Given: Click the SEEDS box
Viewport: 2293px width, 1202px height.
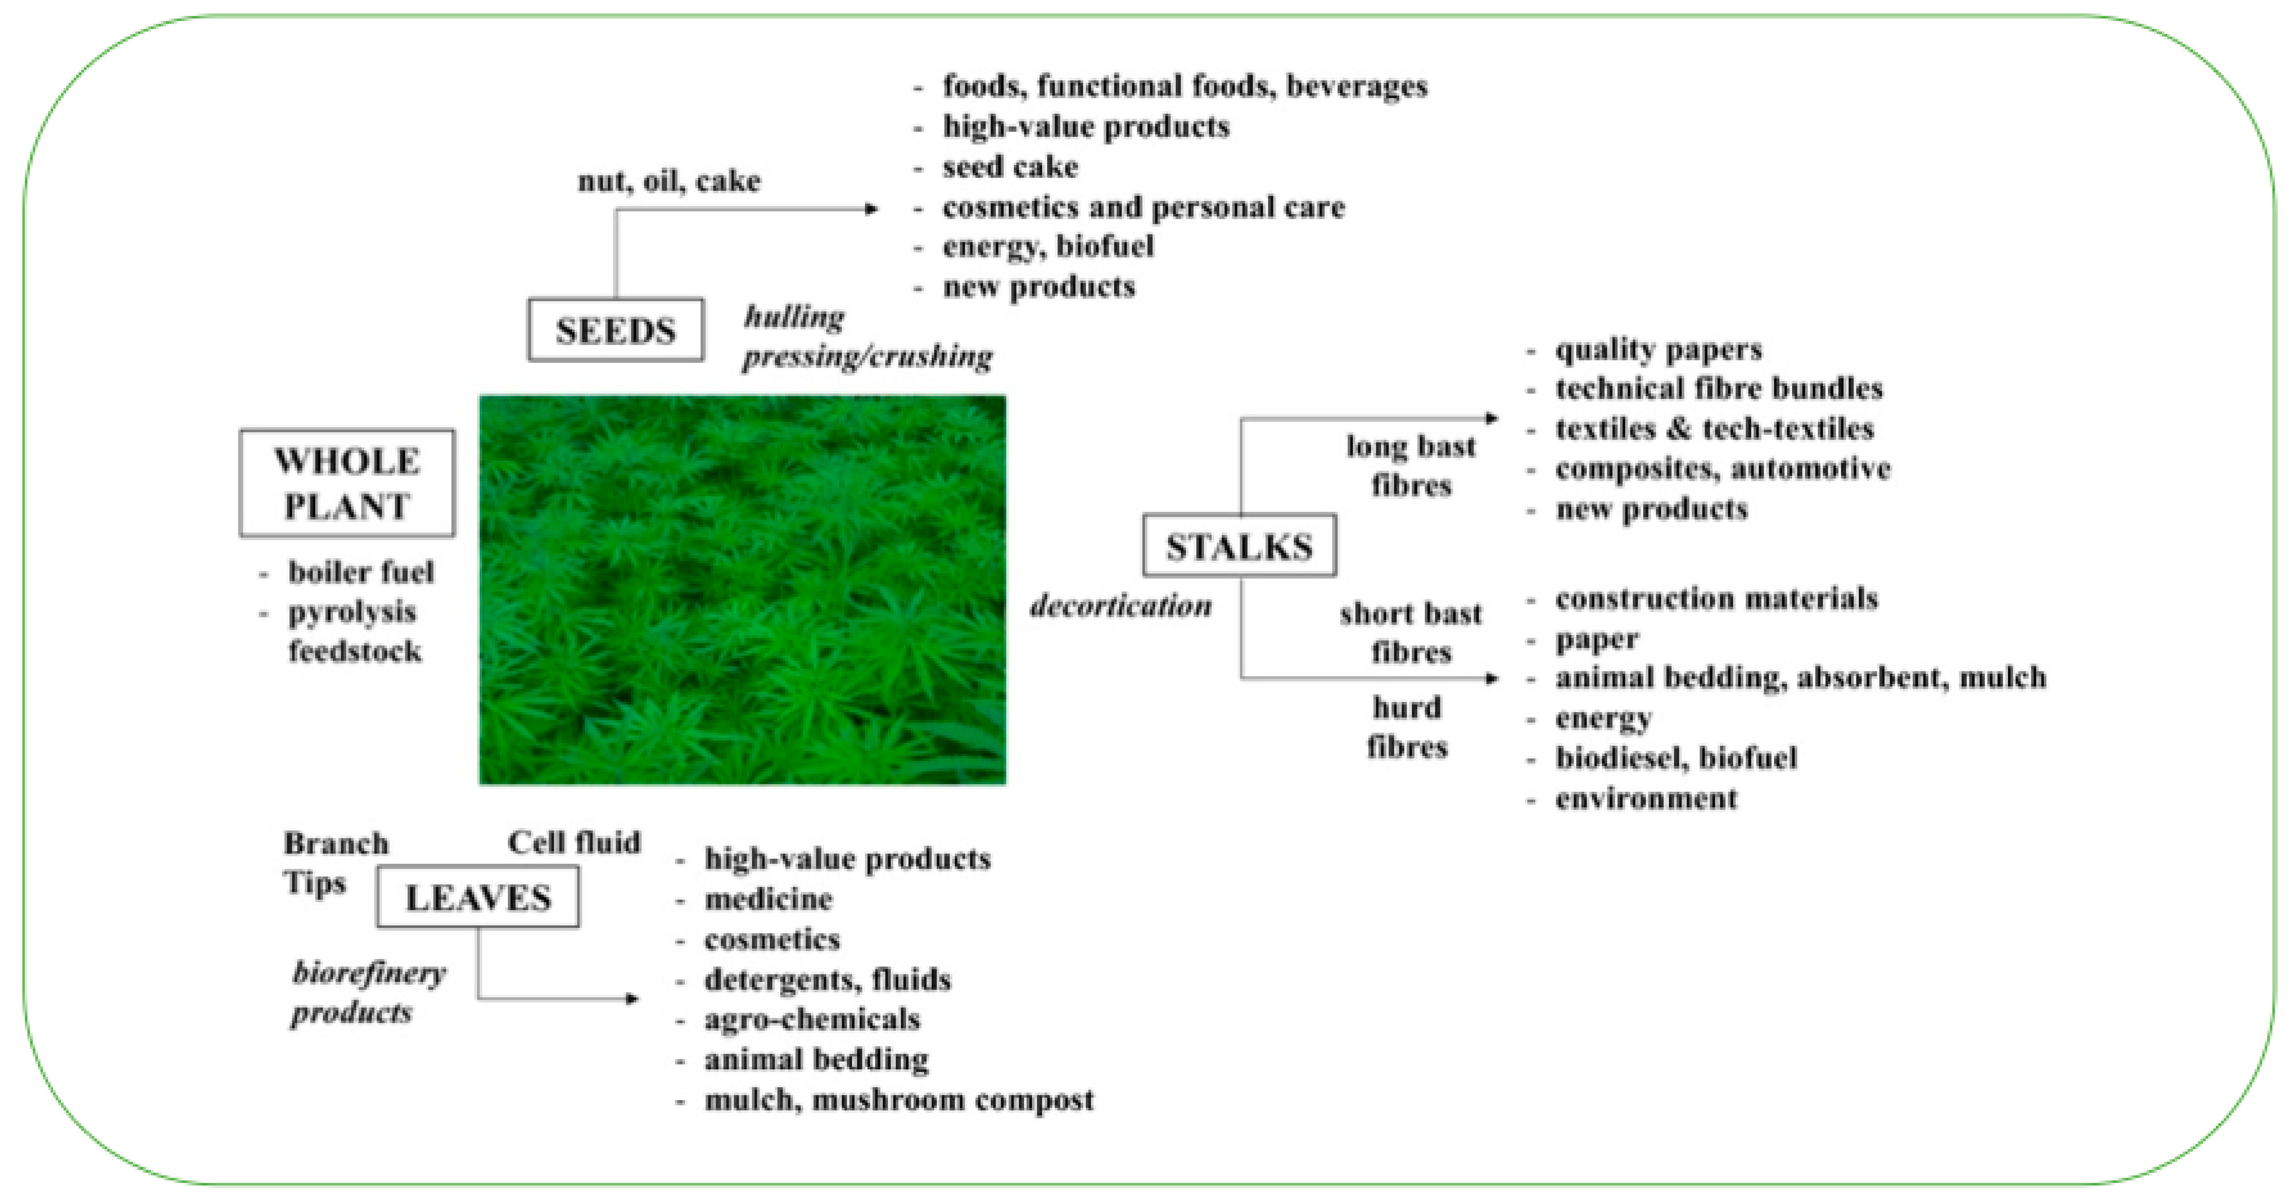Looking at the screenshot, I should point(615,330).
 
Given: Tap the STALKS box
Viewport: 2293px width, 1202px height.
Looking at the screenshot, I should point(1239,546).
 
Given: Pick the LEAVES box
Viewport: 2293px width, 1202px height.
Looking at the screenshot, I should point(478,897).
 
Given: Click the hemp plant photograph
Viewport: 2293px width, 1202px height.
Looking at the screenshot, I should point(742,590).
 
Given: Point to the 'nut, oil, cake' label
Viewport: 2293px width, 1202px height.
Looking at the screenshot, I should point(669,181).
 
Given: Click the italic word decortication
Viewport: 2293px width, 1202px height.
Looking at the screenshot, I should point(1121,606).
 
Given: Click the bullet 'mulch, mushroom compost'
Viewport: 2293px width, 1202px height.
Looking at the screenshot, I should point(898,1100).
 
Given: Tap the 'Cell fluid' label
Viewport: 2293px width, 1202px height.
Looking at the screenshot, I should point(574,842).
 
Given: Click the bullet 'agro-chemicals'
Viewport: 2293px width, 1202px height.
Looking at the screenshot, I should point(812,1019).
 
